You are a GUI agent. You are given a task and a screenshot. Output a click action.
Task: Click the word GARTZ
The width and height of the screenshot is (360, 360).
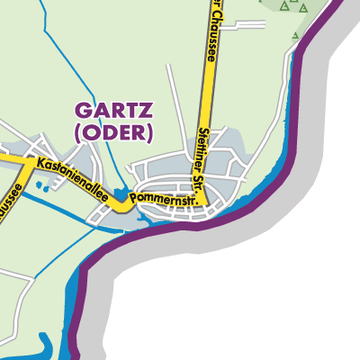pos(113,112)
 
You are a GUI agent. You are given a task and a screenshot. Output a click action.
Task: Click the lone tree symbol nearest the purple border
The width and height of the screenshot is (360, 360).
pos(299,36)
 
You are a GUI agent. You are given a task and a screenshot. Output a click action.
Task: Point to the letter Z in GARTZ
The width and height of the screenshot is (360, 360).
pos(146,112)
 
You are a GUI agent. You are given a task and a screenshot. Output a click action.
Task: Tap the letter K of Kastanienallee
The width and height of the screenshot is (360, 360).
pos(41,164)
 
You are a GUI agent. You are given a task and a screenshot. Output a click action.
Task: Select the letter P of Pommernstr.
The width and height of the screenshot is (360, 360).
pos(134,197)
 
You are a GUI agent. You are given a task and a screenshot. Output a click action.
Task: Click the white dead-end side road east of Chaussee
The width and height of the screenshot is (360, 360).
pos(243,25)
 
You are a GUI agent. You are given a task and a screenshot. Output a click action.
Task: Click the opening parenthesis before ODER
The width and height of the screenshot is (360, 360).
pos(79,132)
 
